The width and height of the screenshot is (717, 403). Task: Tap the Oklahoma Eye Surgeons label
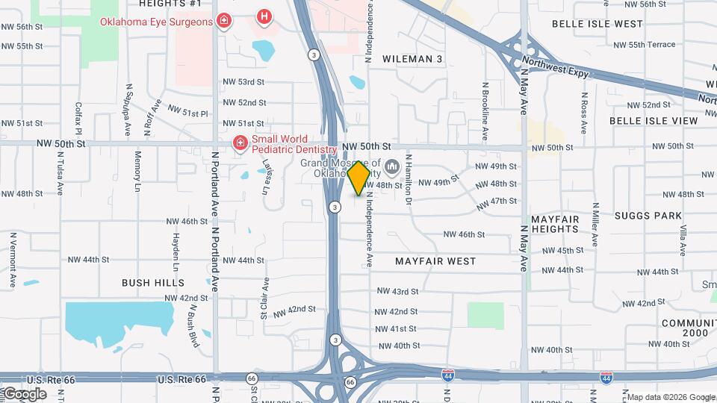point(157,22)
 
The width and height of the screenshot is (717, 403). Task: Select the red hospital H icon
point(263,16)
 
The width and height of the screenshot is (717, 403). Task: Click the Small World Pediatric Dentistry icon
point(240,143)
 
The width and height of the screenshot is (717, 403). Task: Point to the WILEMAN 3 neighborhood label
point(413,59)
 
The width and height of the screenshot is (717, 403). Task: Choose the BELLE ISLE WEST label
point(597,24)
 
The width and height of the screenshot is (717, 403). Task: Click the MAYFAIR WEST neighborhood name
point(435,262)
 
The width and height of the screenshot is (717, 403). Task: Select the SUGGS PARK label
point(648,216)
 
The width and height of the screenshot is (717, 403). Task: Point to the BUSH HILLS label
point(153,283)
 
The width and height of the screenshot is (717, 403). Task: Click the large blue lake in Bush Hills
point(119,319)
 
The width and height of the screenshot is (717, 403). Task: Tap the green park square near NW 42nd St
point(485,315)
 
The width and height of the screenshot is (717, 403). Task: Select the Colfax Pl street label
point(78,118)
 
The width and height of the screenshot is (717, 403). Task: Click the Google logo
point(24,393)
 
